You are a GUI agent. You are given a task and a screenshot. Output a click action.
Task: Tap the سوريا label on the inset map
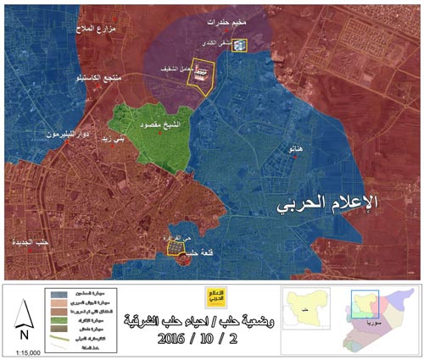[x=371, y=324]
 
